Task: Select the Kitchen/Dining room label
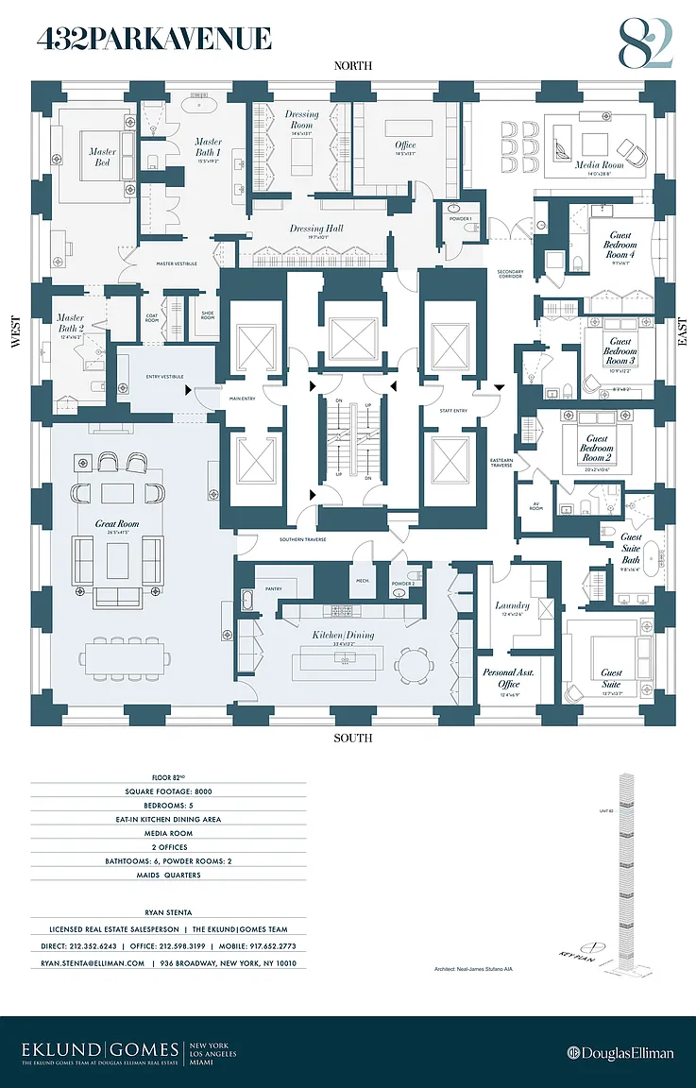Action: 345,635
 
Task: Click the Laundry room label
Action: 512,605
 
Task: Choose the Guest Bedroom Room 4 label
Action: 620,244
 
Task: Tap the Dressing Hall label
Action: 315,229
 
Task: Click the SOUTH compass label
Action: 352,738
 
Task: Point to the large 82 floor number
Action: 646,43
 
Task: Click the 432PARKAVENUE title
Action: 154,39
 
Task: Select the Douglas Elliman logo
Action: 620,1053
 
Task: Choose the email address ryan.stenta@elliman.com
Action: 93,963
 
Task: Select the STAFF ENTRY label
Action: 453,410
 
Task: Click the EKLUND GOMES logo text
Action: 101,1049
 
